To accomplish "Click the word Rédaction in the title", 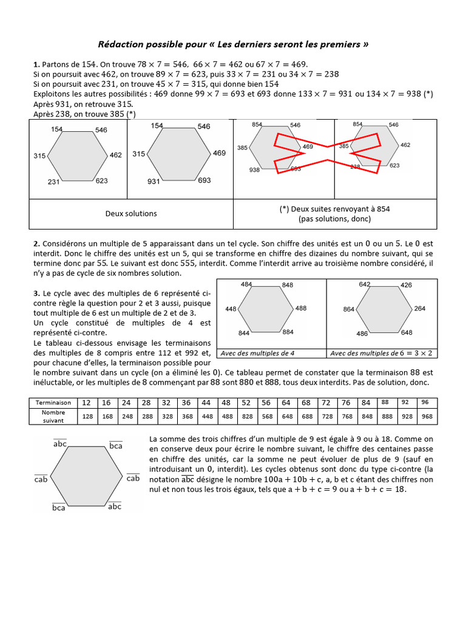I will [120, 45].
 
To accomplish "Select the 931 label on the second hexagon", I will [154, 182].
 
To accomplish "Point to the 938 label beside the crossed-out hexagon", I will [255, 171].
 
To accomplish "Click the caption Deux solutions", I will [131, 213].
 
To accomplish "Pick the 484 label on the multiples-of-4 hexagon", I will [246, 284].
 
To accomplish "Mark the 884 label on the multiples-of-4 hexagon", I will [288, 332].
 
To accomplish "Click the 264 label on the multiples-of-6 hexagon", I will [420, 309].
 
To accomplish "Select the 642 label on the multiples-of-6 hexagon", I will [365, 284].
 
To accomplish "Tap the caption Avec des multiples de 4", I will [258, 353].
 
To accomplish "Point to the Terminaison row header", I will [53, 402].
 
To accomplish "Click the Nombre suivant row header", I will [53, 416].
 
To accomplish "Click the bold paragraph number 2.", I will [36, 244].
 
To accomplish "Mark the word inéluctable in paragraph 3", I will [53, 383].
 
